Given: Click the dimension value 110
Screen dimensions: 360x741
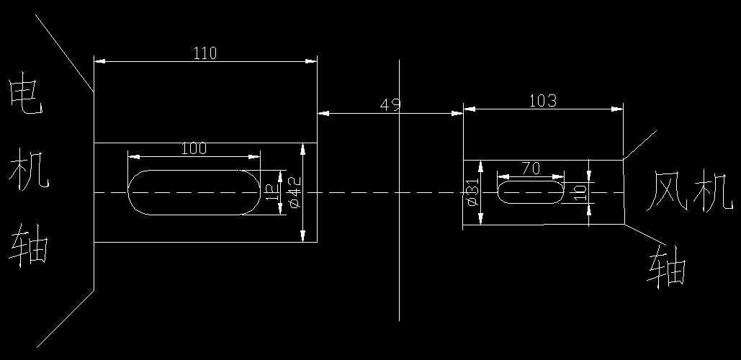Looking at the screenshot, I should click(205, 53).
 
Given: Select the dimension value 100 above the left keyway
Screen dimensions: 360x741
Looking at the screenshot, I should click(194, 148).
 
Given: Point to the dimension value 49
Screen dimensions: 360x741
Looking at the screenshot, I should click(390, 104).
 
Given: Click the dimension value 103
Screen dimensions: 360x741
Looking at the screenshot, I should click(542, 101).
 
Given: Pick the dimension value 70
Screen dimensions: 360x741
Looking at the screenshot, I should click(531, 168).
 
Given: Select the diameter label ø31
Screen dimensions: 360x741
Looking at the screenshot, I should click(472, 193).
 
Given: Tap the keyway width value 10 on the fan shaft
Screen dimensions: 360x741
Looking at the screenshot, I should click(579, 192).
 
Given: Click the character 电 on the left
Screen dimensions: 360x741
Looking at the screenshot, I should click(25, 98).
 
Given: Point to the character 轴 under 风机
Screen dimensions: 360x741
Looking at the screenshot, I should click(667, 267).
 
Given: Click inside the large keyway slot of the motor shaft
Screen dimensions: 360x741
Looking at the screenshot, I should click(193, 192).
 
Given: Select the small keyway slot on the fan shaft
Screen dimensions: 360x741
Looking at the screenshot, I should click(531, 192).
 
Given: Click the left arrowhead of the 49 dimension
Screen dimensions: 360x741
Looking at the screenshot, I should click(323, 113).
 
